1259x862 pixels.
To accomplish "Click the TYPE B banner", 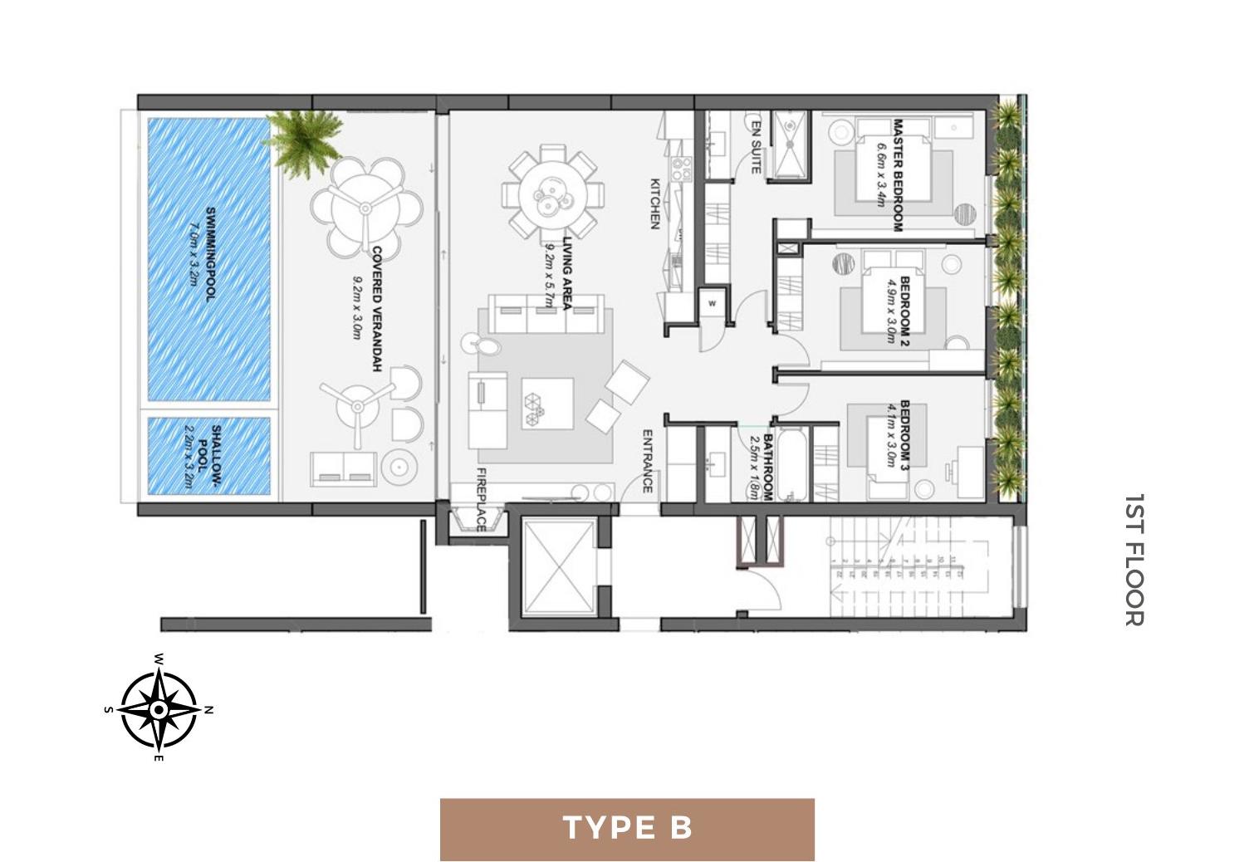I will point(627,829).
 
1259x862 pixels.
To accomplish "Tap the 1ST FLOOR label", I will point(1134,560).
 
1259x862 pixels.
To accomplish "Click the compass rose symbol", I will point(159,709).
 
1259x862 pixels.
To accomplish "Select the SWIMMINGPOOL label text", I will point(209,253).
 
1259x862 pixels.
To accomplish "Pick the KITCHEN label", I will point(654,203).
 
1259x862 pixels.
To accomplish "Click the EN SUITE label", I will point(756,146).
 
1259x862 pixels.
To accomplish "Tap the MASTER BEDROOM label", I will point(898,175).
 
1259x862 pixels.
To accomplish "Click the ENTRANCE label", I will point(648,461).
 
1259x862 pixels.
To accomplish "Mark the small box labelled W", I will point(712,304).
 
